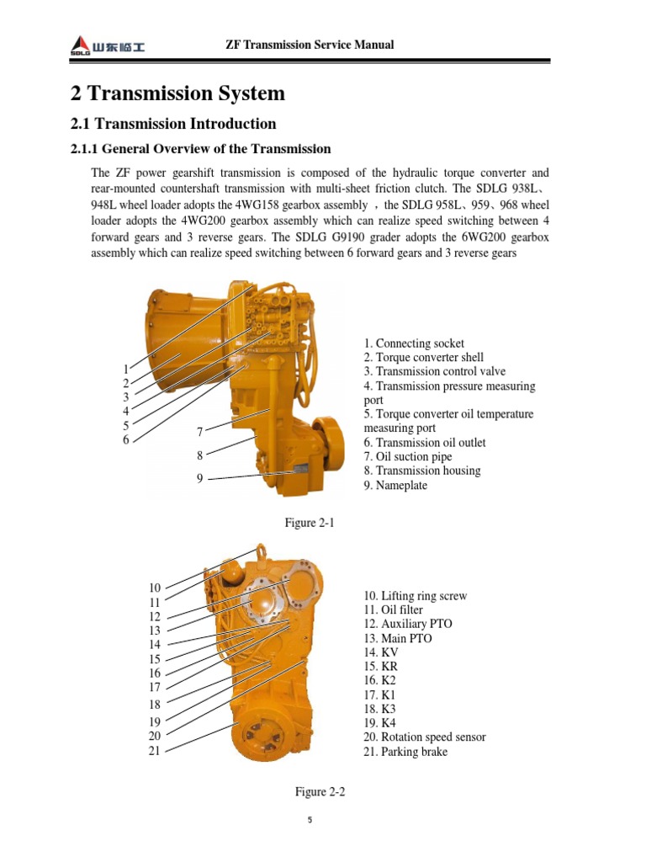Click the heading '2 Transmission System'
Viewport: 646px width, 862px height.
[x=177, y=93]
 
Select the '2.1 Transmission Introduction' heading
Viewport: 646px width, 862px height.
[x=172, y=124]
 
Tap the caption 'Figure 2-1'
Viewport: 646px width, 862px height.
[x=310, y=523]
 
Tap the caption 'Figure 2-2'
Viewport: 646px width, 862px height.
[x=320, y=792]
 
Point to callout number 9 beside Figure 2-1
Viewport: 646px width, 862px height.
[x=200, y=479]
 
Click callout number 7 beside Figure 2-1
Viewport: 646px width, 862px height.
[x=200, y=432]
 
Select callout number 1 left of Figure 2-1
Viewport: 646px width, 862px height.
[x=125, y=369]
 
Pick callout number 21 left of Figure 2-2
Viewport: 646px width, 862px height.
[x=154, y=751]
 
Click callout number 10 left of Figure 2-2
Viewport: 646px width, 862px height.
[x=154, y=588]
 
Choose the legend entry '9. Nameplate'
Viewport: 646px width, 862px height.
[x=395, y=486]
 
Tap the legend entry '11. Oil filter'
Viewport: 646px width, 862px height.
[x=393, y=609]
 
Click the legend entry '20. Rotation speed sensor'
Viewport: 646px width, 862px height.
[x=425, y=737]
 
